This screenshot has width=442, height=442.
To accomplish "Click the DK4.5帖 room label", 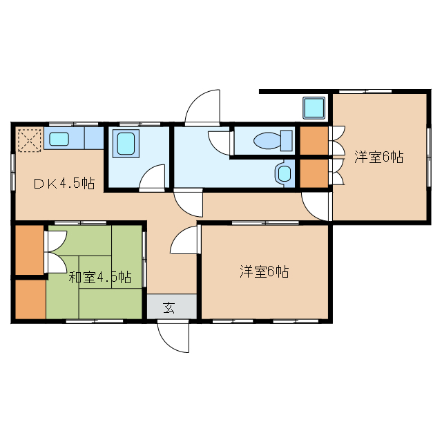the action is (x=64, y=184).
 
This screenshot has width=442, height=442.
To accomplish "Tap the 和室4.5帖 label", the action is (x=100, y=278).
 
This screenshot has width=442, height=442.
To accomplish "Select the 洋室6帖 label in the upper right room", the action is (x=379, y=157).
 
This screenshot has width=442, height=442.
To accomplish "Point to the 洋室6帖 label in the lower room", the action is (x=264, y=271).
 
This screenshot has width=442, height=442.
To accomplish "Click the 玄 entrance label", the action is (x=169, y=307).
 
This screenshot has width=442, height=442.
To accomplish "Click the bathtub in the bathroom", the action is (x=126, y=144).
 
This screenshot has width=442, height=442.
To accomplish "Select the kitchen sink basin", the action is (x=59, y=139).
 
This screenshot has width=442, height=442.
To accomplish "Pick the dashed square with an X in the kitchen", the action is (x=30, y=140).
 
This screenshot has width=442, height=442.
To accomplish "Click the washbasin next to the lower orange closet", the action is (x=284, y=173).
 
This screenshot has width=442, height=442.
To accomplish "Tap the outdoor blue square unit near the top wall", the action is (x=314, y=108).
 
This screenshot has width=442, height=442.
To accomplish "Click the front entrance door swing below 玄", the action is (x=173, y=336).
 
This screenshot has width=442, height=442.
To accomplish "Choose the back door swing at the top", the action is (x=202, y=108).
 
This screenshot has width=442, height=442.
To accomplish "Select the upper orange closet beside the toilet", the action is (x=314, y=141).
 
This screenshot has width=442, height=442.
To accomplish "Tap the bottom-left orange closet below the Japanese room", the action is (x=30, y=299).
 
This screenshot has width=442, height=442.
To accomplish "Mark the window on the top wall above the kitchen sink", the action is (x=74, y=124).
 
